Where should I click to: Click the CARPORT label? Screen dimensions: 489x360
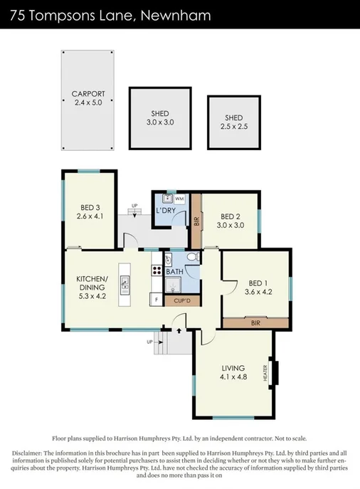click(x=88, y=93)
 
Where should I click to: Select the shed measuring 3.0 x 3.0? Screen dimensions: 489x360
click(x=159, y=117)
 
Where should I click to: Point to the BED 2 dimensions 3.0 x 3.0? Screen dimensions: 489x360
click(x=231, y=225)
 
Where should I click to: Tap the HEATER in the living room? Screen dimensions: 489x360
click(x=275, y=372)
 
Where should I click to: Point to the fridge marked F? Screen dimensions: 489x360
click(x=155, y=300)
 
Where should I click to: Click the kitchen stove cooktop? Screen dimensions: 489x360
click(x=155, y=270)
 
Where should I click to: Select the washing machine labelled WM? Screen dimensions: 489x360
click(x=179, y=199)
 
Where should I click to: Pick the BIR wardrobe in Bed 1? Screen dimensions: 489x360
click(x=255, y=322)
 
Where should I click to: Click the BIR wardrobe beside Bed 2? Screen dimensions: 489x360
click(x=197, y=221)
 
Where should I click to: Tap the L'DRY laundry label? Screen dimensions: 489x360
click(x=166, y=211)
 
